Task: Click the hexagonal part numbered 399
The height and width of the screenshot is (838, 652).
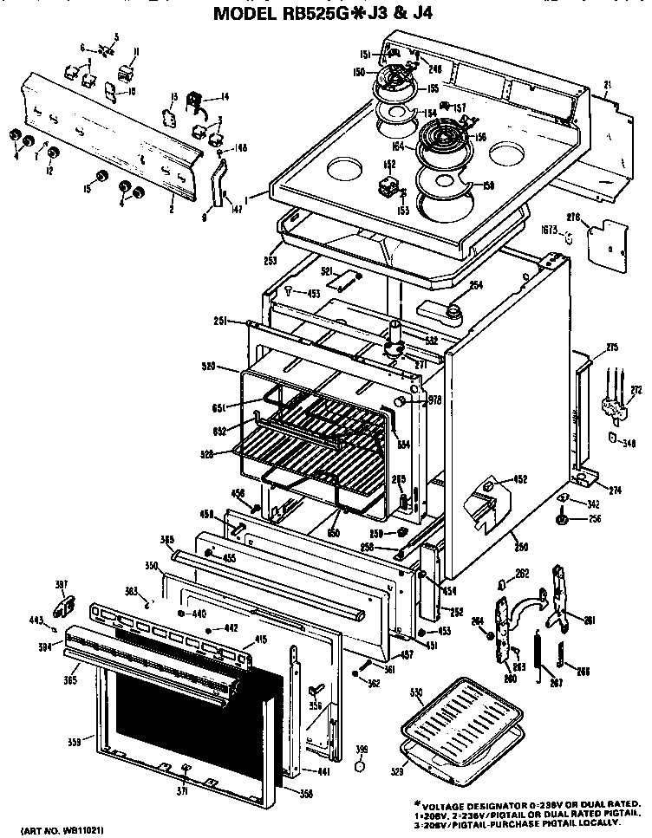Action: [x=362, y=765]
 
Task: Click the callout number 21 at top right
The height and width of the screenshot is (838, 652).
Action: [x=608, y=84]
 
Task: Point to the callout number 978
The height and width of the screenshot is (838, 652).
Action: [x=435, y=400]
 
